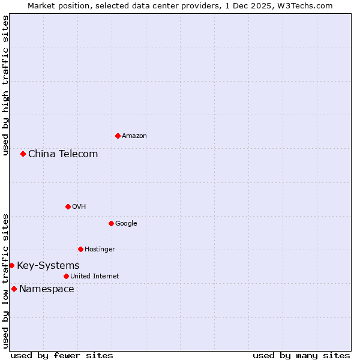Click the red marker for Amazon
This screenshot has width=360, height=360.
(118, 136)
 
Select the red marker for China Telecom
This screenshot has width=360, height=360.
(23, 154)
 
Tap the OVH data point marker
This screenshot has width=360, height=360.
(68, 206)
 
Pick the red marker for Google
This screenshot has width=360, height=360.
(111, 223)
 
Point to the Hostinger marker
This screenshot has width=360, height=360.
(80, 249)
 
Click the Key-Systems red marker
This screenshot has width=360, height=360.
(11, 265)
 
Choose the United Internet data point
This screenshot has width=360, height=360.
(66, 276)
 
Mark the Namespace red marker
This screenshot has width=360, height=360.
(14, 289)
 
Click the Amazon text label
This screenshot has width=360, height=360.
(134, 136)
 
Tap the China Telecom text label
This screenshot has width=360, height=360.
(63, 154)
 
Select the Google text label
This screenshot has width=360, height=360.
(126, 223)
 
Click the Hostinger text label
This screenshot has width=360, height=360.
(100, 249)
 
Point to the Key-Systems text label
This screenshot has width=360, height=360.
(48, 265)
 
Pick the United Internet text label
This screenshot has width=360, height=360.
(95, 276)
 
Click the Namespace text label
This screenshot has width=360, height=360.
(47, 289)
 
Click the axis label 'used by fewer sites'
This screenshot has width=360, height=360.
(62, 355)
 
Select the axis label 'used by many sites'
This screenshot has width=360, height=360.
(301, 355)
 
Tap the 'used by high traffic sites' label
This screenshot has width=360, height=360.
(5, 85)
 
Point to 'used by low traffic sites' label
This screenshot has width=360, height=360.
(5, 281)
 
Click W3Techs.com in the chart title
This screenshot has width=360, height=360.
(305, 5)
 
